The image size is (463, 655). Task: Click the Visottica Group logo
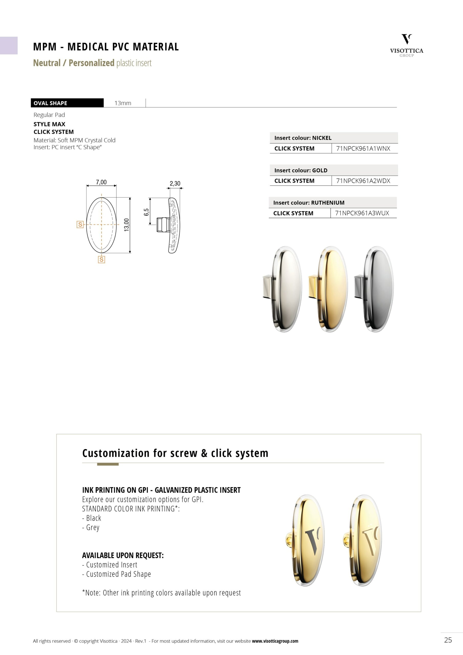(x=406, y=45)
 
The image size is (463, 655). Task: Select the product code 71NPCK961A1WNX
(x=363, y=148)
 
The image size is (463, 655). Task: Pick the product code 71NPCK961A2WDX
(x=363, y=181)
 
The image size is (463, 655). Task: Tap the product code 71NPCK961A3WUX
(x=362, y=213)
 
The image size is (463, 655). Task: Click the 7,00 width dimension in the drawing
(x=101, y=182)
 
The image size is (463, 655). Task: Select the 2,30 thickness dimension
(x=175, y=183)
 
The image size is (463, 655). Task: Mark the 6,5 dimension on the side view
(x=146, y=212)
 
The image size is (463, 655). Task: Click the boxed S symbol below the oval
(x=101, y=259)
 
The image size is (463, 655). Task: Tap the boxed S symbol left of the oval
(x=80, y=224)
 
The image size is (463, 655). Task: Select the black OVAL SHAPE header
(x=67, y=103)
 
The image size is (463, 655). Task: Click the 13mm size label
(x=123, y=103)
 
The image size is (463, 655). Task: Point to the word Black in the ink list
(x=94, y=518)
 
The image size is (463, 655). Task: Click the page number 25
(x=448, y=640)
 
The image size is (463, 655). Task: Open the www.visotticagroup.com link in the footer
(x=275, y=641)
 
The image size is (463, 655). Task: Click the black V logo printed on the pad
(x=312, y=541)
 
